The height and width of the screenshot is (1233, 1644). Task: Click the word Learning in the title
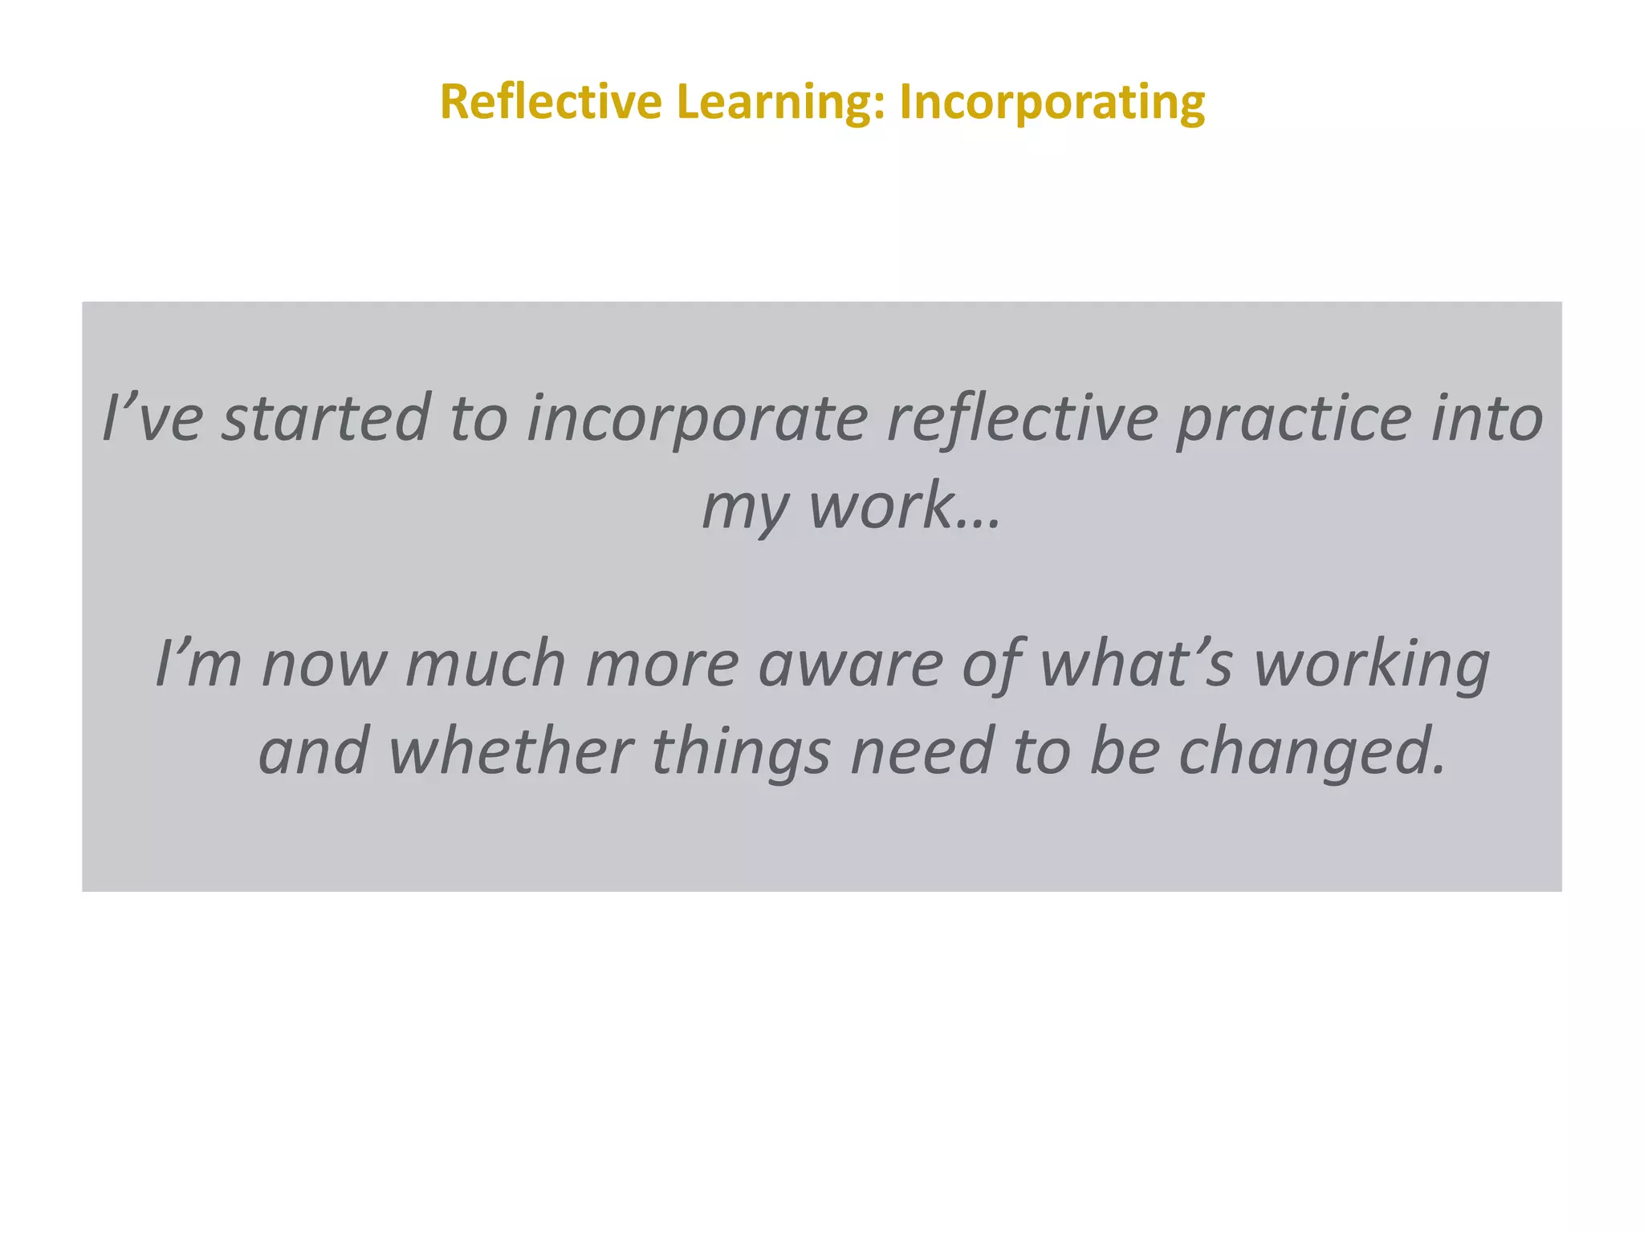coord(779,103)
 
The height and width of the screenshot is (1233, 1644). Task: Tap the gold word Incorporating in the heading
coord(1052,103)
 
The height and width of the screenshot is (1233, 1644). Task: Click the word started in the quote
coord(325,418)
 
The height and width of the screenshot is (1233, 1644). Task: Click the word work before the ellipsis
coord(881,506)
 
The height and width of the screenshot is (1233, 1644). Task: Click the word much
coord(486,664)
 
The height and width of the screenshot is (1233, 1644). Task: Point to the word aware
coord(850,664)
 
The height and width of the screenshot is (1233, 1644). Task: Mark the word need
coord(922,751)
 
